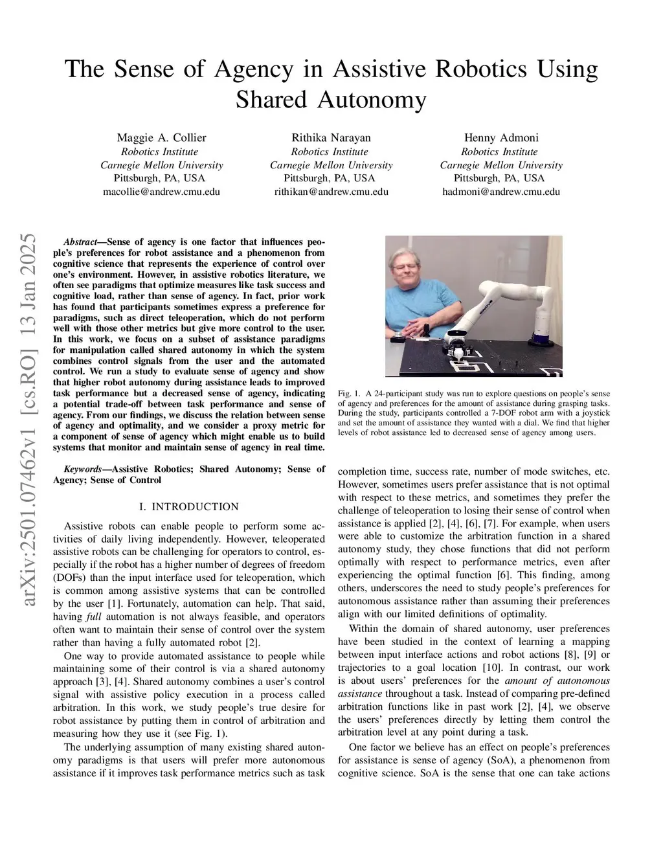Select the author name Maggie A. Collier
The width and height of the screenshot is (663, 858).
pos(161,137)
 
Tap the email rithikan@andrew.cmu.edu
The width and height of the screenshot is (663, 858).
pos(331,192)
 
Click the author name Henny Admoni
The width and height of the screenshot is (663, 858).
pos(501,137)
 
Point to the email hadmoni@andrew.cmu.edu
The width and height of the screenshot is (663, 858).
pos(501,192)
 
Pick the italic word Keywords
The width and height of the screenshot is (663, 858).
pos(82,469)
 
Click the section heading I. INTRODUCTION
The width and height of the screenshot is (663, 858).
pos(188,506)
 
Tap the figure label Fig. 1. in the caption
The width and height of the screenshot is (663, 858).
pos(349,394)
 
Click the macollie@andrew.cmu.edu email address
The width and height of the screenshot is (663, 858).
pos(161,192)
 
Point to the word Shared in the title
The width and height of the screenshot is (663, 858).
pos(269,100)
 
